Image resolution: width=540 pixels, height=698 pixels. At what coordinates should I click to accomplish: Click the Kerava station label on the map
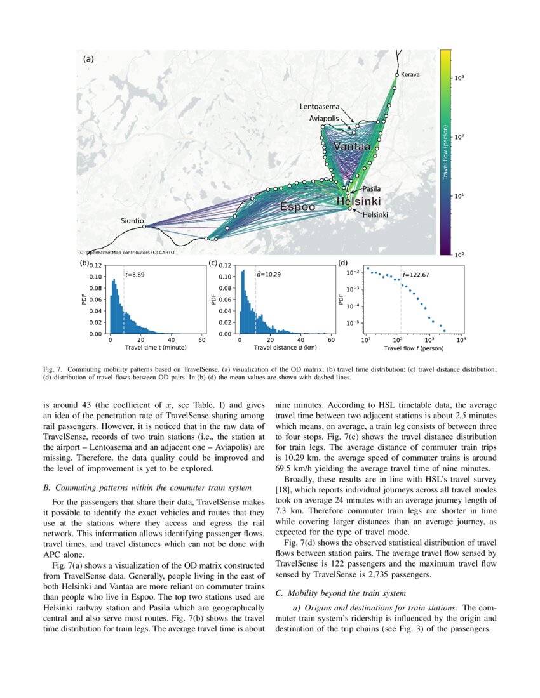[410, 74]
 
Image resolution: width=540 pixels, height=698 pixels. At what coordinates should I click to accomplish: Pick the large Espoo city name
[297, 207]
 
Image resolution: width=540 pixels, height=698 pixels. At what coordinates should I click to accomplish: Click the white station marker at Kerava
[396, 75]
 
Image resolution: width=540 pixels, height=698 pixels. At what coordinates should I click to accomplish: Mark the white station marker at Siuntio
[144, 227]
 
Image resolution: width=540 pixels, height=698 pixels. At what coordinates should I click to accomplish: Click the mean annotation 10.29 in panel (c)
[268, 275]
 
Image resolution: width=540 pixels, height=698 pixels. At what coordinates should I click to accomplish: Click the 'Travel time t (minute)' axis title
[156, 348]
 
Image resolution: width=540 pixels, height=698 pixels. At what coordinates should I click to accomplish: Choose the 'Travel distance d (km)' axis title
[284, 348]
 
